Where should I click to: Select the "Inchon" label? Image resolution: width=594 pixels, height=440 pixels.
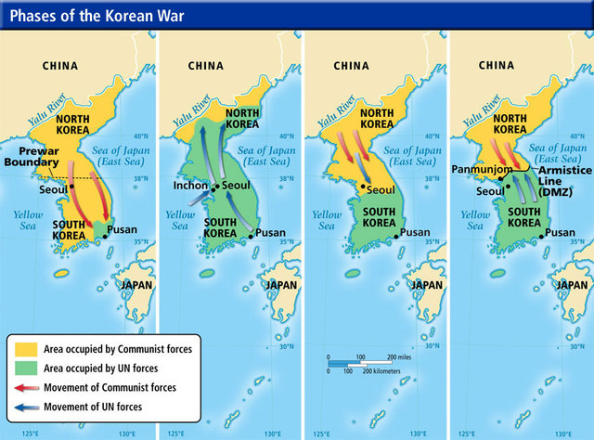(x=189, y=185)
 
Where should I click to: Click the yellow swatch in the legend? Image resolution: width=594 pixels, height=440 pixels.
(x=24, y=348)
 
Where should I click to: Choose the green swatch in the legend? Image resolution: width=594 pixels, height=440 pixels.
(x=24, y=368)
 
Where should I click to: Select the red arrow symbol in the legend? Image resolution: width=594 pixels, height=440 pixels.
(x=24, y=386)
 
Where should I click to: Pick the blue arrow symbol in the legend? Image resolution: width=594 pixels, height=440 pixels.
(x=24, y=405)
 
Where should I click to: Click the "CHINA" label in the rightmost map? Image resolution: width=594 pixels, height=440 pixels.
(x=496, y=66)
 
